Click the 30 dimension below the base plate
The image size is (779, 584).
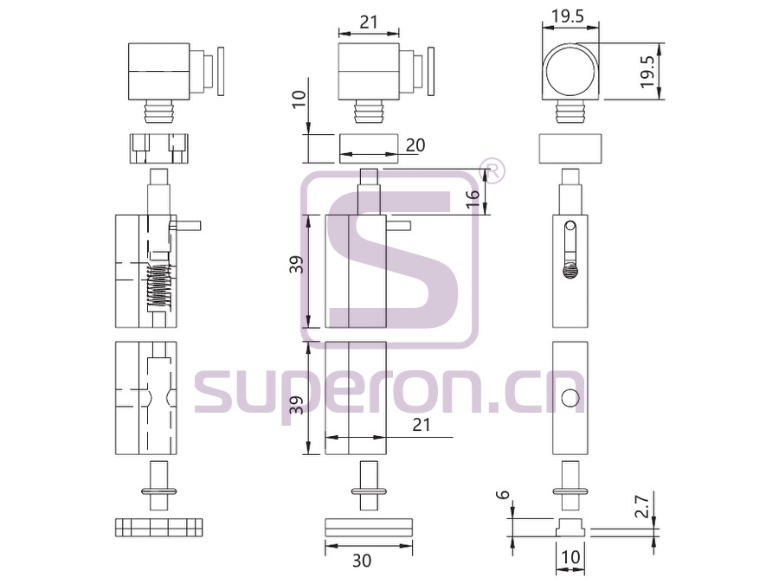[x=362, y=561]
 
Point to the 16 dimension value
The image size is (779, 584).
[x=473, y=194]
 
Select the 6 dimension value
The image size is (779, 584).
[x=505, y=495]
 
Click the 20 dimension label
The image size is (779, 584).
[x=415, y=145]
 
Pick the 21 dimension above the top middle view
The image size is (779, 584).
[x=369, y=22]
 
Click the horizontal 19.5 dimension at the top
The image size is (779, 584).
[x=570, y=17]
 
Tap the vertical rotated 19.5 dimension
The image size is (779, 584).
[x=647, y=72]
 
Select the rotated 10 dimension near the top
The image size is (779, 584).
[x=299, y=99]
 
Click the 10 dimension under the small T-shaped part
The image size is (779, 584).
[x=570, y=557]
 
